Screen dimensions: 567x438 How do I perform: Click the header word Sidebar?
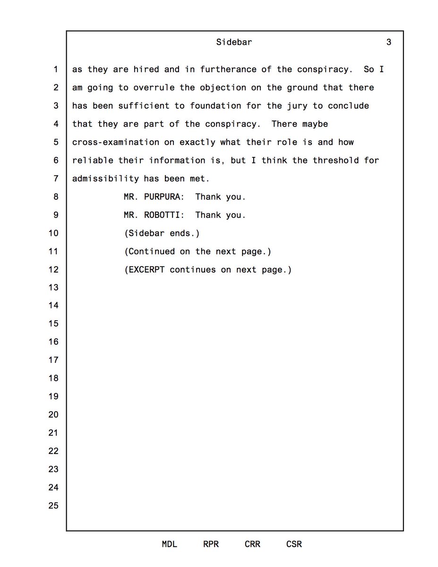pyautogui.click(x=234, y=42)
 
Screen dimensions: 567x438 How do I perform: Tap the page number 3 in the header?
pyautogui.click(x=388, y=42)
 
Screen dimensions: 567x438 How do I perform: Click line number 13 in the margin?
pyautogui.click(x=53, y=288)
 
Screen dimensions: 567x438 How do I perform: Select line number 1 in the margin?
pyautogui.click(x=55, y=69)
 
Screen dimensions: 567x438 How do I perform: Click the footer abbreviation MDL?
pyautogui.click(x=169, y=544)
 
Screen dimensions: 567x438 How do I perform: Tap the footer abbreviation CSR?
pyautogui.click(x=294, y=544)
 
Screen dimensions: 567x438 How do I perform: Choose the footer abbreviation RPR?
pyautogui.click(x=211, y=544)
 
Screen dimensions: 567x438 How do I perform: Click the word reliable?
pyautogui.click(x=93, y=160)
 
